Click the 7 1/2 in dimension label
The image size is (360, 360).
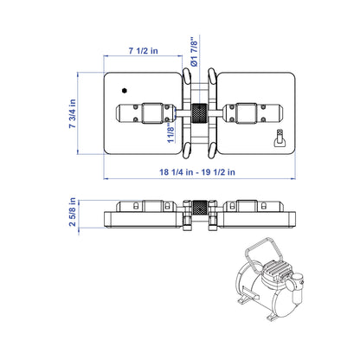(x=143, y=51)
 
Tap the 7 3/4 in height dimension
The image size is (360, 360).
(x=73, y=113)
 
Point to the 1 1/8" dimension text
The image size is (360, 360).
(x=170, y=132)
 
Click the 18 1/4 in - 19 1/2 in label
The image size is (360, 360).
(x=197, y=172)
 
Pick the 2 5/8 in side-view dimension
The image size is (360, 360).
(x=73, y=212)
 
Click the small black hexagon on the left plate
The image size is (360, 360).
(x=125, y=91)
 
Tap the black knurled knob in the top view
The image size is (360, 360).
(x=199, y=113)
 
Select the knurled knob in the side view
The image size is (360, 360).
(x=199, y=208)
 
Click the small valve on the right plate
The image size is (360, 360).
(x=280, y=138)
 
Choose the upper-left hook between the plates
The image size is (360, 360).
(x=187, y=76)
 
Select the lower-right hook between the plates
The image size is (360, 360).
(x=212, y=150)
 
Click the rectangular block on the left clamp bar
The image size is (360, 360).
(x=152, y=113)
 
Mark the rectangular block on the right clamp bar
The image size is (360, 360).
(x=247, y=113)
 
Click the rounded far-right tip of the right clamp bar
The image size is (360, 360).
(x=280, y=113)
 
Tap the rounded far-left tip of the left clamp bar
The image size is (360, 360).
(x=118, y=113)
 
